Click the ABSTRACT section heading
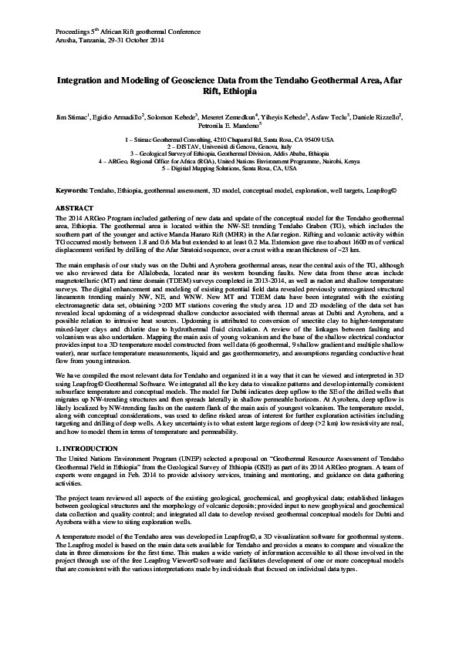[x=76, y=208]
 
